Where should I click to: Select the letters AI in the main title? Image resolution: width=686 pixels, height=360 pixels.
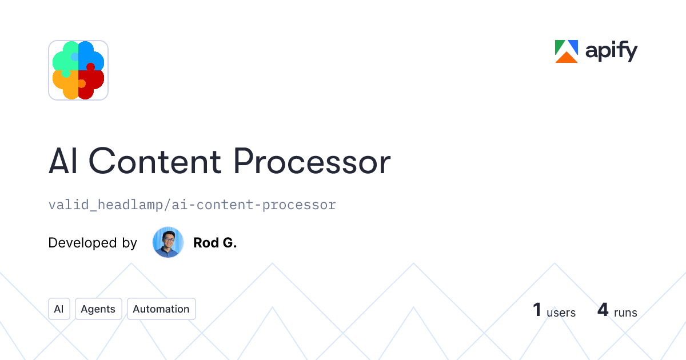coord(63,162)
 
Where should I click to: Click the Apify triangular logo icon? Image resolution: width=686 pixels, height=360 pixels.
coord(567,51)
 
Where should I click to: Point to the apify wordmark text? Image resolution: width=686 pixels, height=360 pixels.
coord(611,53)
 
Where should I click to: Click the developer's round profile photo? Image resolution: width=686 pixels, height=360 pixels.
coord(168,242)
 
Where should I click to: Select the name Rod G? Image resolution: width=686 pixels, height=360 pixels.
coord(215,243)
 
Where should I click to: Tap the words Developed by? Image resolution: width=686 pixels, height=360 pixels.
coord(93,243)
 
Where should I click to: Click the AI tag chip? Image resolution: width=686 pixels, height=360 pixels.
coord(59,309)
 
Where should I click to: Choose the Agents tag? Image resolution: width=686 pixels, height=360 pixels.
coord(98,309)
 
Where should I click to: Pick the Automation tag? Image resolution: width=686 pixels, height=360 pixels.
coord(161,309)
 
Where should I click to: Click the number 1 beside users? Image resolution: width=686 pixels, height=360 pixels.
coord(537,310)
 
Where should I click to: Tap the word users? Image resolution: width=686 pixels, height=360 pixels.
coord(561,313)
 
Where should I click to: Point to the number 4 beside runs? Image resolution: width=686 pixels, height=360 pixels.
coord(603,310)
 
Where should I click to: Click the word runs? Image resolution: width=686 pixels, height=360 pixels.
coord(625,313)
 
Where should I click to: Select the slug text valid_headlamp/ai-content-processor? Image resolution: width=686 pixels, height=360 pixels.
coord(192,205)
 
